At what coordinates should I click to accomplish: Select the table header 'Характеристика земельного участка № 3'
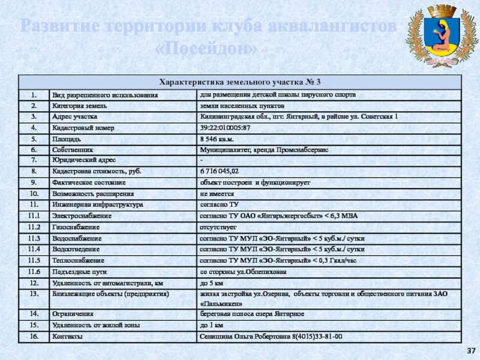click(240, 82)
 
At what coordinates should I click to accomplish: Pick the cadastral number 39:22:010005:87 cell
click(225, 128)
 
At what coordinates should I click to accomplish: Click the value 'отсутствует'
click(218, 228)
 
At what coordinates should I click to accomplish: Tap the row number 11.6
click(35, 272)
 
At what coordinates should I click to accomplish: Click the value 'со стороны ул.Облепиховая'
click(244, 272)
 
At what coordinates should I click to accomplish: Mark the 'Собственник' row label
click(73, 149)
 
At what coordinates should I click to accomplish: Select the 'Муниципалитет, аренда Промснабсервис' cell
click(264, 149)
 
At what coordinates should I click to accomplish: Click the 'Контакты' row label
click(68, 337)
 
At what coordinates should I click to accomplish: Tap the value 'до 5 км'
click(212, 283)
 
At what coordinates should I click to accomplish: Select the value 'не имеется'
click(217, 194)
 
